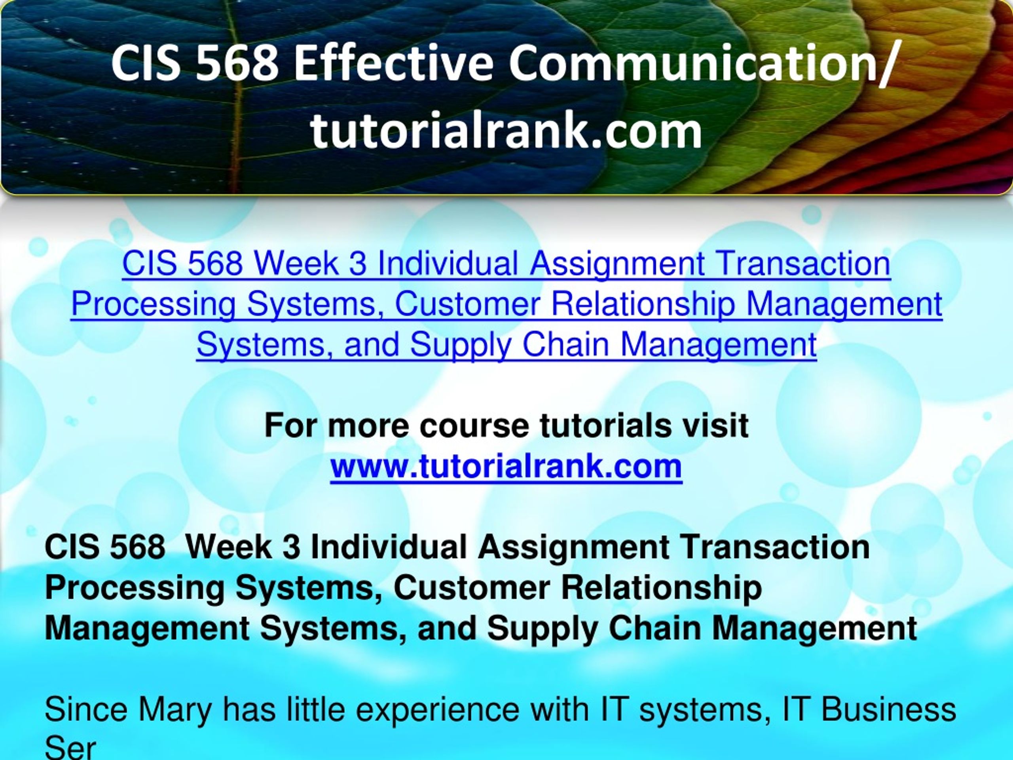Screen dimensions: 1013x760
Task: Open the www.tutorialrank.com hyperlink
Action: pyautogui.click(x=506, y=466)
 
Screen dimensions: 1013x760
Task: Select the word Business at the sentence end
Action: pyautogui.click(x=888, y=710)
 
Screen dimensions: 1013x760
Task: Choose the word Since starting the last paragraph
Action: pyautogui.click(x=87, y=710)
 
